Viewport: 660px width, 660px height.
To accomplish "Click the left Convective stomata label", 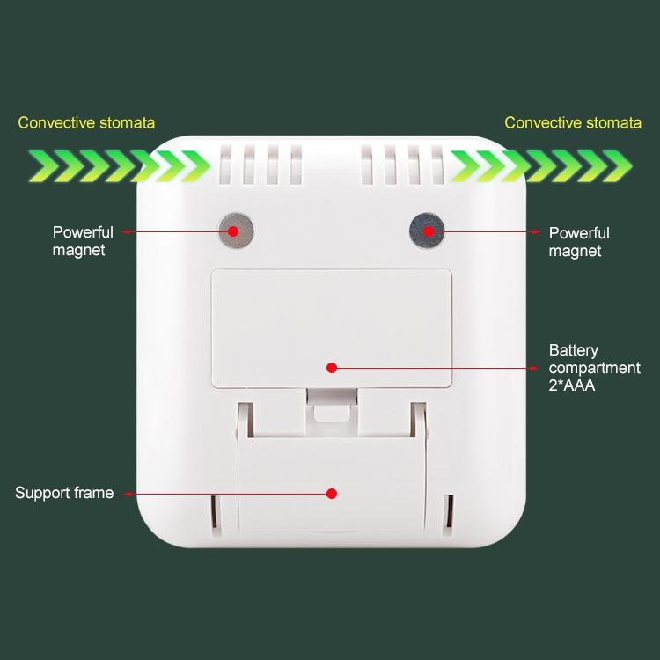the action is click(x=86, y=123).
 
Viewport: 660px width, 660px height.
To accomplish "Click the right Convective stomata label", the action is click(x=573, y=123).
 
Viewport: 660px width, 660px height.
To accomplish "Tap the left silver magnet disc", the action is click(x=236, y=231).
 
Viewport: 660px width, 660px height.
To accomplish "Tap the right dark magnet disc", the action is click(x=427, y=231).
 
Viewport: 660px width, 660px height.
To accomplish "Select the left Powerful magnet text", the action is click(x=83, y=241).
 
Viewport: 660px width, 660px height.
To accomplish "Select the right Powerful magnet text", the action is click(x=579, y=242).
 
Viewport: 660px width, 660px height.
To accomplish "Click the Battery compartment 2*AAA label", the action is click(x=594, y=368).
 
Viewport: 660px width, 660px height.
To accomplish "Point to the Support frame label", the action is click(x=64, y=493).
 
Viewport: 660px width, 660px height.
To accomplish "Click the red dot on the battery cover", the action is click(x=332, y=368).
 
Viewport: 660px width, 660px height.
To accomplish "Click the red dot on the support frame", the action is click(x=332, y=494).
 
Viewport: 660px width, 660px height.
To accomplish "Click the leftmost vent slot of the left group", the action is click(x=225, y=165).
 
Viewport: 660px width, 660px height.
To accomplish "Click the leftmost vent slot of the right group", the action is click(x=367, y=165).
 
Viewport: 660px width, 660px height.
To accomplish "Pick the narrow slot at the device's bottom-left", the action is click(x=214, y=511).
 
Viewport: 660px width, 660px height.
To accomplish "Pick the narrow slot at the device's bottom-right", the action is click(x=449, y=511).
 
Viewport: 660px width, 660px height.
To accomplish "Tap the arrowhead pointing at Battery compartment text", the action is click(x=534, y=369).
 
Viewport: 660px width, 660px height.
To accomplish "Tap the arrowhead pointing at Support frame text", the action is click(x=128, y=494).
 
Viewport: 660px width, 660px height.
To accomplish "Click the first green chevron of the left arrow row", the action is click(x=43, y=165).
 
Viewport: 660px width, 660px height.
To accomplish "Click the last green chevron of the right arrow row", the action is click(x=617, y=165).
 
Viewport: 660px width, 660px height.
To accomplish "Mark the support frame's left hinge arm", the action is click(x=245, y=420).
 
